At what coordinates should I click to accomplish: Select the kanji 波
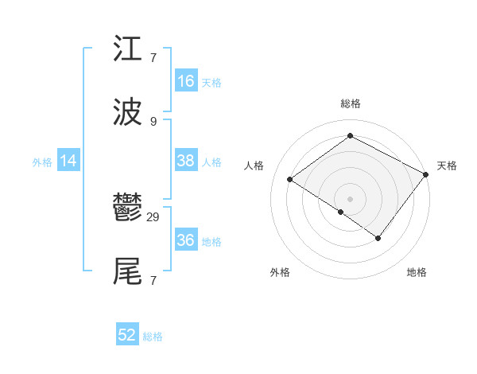[128, 112]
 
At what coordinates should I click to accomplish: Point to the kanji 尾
[128, 271]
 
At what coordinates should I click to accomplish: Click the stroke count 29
[153, 216]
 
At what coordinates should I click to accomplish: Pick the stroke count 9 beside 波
[153, 121]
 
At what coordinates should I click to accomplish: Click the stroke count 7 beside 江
[153, 57]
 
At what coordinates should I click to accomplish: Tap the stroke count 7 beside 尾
[153, 280]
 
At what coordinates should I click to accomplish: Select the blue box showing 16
[186, 81]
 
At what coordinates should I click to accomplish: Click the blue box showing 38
[186, 161]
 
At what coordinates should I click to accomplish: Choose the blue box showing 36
[186, 240]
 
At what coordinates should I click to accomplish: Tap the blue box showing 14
[68, 161]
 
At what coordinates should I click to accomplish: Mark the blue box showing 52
[127, 335]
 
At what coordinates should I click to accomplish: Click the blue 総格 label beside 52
[153, 337]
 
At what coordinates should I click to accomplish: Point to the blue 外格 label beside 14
[42, 162]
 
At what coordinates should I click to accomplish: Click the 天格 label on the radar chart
[447, 166]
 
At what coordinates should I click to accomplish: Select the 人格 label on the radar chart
[254, 166]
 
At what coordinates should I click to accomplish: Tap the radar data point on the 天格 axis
[426, 174]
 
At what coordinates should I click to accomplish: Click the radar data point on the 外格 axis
[340, 212]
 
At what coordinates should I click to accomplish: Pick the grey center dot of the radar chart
[350, 198]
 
